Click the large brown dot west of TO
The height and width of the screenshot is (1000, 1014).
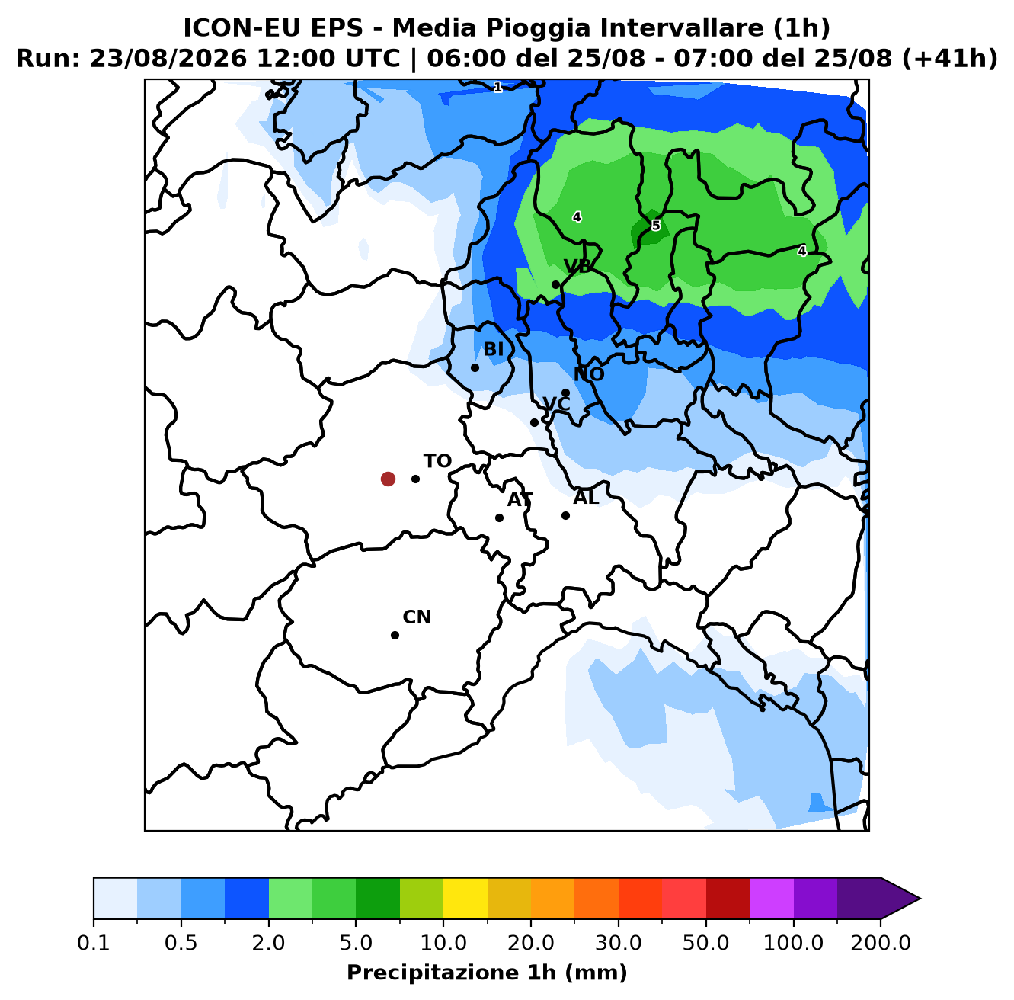tap(388, 479)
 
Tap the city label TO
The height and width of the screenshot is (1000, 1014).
tap(438, 461)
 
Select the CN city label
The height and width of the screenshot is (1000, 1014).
tap(417, 617)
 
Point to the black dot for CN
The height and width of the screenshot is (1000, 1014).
tap(395, 635)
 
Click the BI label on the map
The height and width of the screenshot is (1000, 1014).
tap(494, 349)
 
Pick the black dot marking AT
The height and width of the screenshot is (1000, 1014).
tap(499, 518)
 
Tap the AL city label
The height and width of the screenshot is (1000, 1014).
tap(586, 497)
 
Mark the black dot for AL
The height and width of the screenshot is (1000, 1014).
tap(566, 515)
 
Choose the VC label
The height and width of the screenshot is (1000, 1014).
tap(557, 404)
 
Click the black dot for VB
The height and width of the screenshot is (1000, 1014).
tap(555, 284)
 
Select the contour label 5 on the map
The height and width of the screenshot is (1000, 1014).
tap(656, 226)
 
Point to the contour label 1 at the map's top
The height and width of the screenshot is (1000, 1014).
tap(497, 88)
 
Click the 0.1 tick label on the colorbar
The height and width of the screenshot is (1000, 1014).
tap(94, 942)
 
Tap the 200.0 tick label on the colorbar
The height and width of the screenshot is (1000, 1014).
tap(881, 942)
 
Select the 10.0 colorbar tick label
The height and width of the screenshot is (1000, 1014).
tap(443, 942)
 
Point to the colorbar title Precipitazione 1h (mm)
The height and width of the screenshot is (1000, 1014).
tap(488, 973)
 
